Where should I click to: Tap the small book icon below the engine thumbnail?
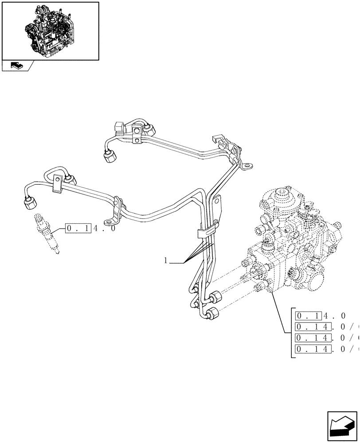[x=16, y=66]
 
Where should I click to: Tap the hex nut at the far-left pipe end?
[x=29, y=204]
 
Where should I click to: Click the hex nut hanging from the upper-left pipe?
[x=108, y=157]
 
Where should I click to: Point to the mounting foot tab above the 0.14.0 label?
[x=109, y=221]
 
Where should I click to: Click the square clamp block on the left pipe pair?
[x=57, y=184]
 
